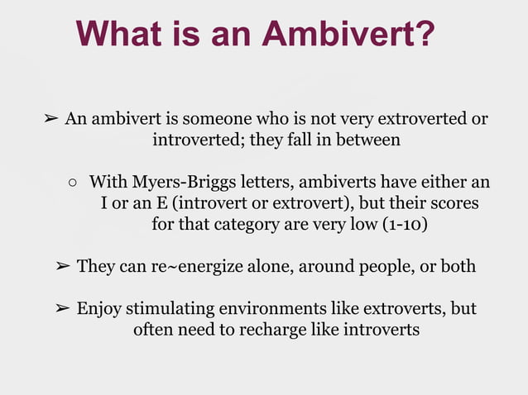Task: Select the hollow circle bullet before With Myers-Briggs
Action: pyautogui.click(x=73, y=182)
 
